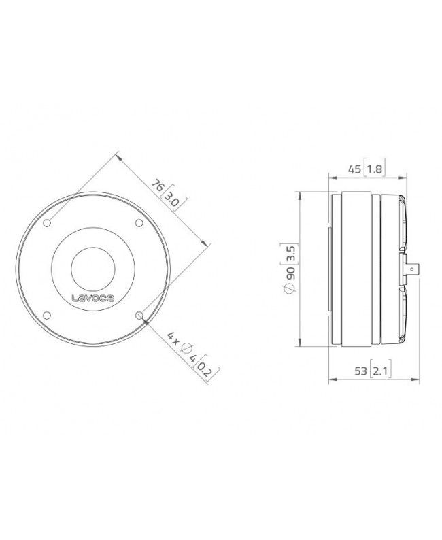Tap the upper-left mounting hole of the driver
point(48,222)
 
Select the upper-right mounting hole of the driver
point(139,223)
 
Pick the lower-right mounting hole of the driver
point(139,314)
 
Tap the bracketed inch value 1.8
point(374,169)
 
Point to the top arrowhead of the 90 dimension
point(300,196)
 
